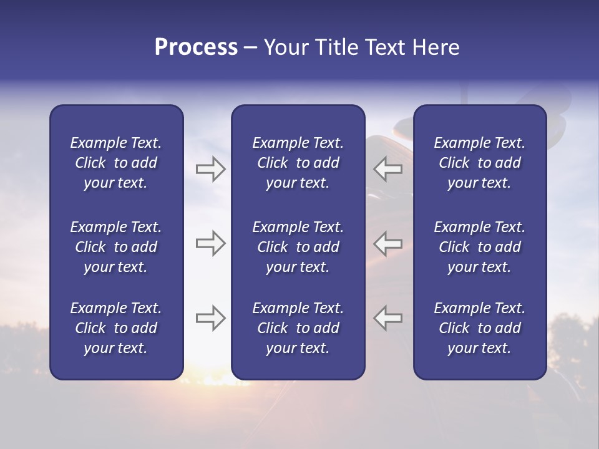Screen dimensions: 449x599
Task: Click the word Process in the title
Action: [x=196, y=47]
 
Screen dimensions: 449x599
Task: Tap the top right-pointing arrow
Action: [x=210, y=169]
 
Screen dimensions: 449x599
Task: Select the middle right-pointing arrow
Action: [x=210, y=243]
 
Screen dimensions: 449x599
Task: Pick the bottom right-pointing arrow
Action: [x=210, y=318]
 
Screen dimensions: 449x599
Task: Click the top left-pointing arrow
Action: [x=387, y=169]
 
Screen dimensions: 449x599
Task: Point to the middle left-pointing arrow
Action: [x=387, y=243]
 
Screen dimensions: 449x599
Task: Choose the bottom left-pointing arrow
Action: [x=387, y=318]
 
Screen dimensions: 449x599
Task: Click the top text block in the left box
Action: [x=116, y=163]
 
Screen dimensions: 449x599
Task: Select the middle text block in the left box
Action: [x=116, y=247]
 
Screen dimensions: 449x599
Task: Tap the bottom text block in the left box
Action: [x=116, y=328]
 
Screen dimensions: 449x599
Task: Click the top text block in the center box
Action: [x=298, y=163]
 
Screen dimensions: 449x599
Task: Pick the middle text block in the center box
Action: [x=298, y=247]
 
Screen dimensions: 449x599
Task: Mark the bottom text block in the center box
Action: [x=298, y=328]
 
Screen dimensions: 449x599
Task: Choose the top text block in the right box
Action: [x=480, y=163]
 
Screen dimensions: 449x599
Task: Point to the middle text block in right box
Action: [x=480, y=247]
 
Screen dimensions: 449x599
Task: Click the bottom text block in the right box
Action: [x=480, y=328]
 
